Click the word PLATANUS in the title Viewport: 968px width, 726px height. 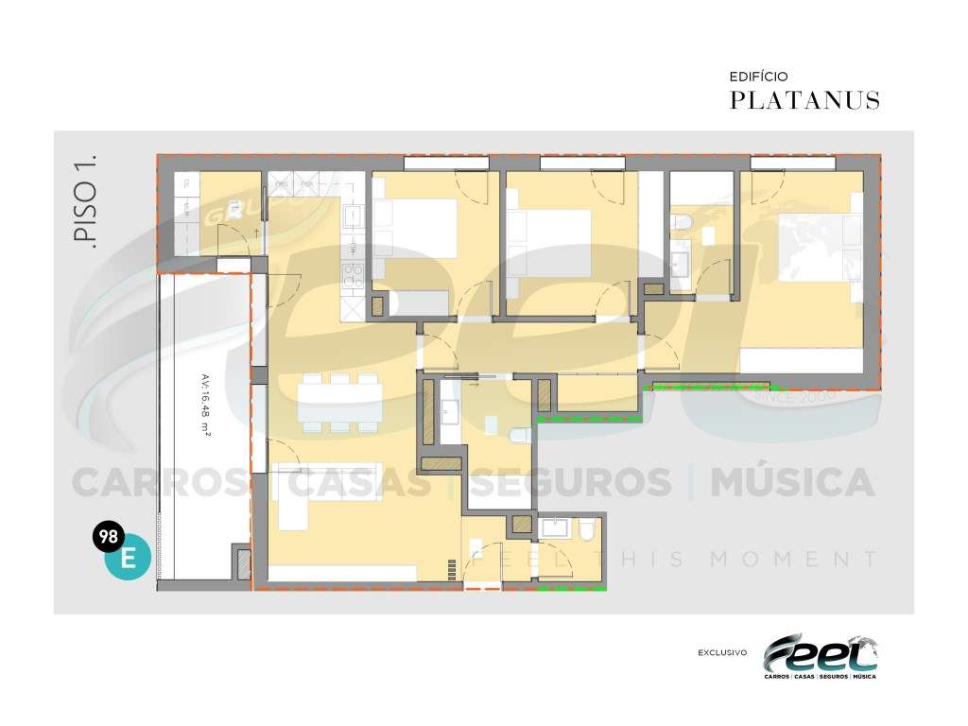804,100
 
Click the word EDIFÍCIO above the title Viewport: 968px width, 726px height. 758,76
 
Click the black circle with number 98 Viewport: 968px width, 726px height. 107,537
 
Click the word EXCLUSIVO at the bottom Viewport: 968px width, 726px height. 722,652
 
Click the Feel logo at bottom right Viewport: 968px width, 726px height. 821,655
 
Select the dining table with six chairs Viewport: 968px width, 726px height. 340,402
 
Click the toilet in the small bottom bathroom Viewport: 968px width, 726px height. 587,528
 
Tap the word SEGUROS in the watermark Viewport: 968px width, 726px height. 571,483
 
